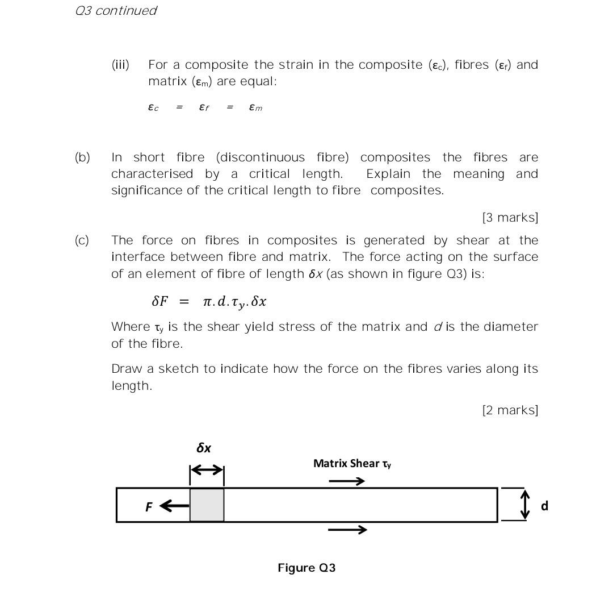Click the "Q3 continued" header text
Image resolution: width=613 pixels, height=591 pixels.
click(116, 11)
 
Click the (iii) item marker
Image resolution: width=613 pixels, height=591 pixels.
click(120, 65)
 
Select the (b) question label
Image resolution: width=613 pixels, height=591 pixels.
click(82, 157)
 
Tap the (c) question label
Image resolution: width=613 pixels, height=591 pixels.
click(82, 240)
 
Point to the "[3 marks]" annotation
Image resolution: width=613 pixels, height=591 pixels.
click(510, 218)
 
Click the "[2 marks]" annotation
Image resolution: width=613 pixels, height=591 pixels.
click(510, 410)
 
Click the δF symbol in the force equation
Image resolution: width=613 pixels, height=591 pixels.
click(160, 301)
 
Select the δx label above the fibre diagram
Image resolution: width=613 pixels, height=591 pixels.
click(204, 448)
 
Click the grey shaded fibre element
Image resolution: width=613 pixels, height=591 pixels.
click(207, 505)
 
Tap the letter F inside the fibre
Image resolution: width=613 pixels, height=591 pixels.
click(149, 507)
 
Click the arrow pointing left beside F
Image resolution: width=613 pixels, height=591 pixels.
click(174, 505)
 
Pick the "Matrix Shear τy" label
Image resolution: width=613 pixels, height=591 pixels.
click(352, 464)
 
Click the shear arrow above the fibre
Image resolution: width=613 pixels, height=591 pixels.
click(347, 481)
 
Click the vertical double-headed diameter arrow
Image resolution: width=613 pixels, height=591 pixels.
click(525, 505)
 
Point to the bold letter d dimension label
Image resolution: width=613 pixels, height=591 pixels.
click(544, 506)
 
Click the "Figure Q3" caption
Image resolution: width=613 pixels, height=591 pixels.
click(306, 568)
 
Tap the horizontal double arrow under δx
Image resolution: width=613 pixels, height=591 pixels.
click(207, 470)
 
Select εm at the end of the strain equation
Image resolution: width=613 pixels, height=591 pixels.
click(255, 107)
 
